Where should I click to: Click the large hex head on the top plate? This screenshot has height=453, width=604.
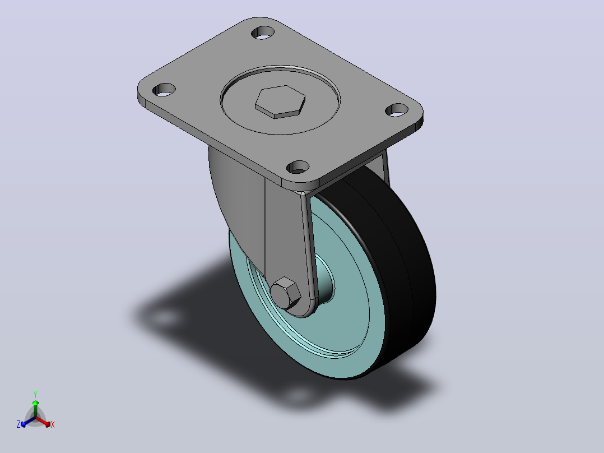pyautogui.click(x=280, y=101)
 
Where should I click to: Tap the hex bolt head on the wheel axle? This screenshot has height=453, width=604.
pyautogui.click(x=285, y=293)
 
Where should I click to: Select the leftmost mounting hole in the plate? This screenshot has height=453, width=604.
pyautogui.click(x=164, y=90)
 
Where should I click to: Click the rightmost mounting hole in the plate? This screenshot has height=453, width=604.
pyautogui.click(x=397, y=110)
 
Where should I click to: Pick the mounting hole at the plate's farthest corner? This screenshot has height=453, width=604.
pyautogui.click(x=263, y=33)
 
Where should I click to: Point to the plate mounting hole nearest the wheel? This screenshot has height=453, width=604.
pyautogui.click(x=298, y=167)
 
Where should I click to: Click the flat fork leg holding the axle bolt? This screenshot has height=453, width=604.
pyautogui.click(x=287, y=239)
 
